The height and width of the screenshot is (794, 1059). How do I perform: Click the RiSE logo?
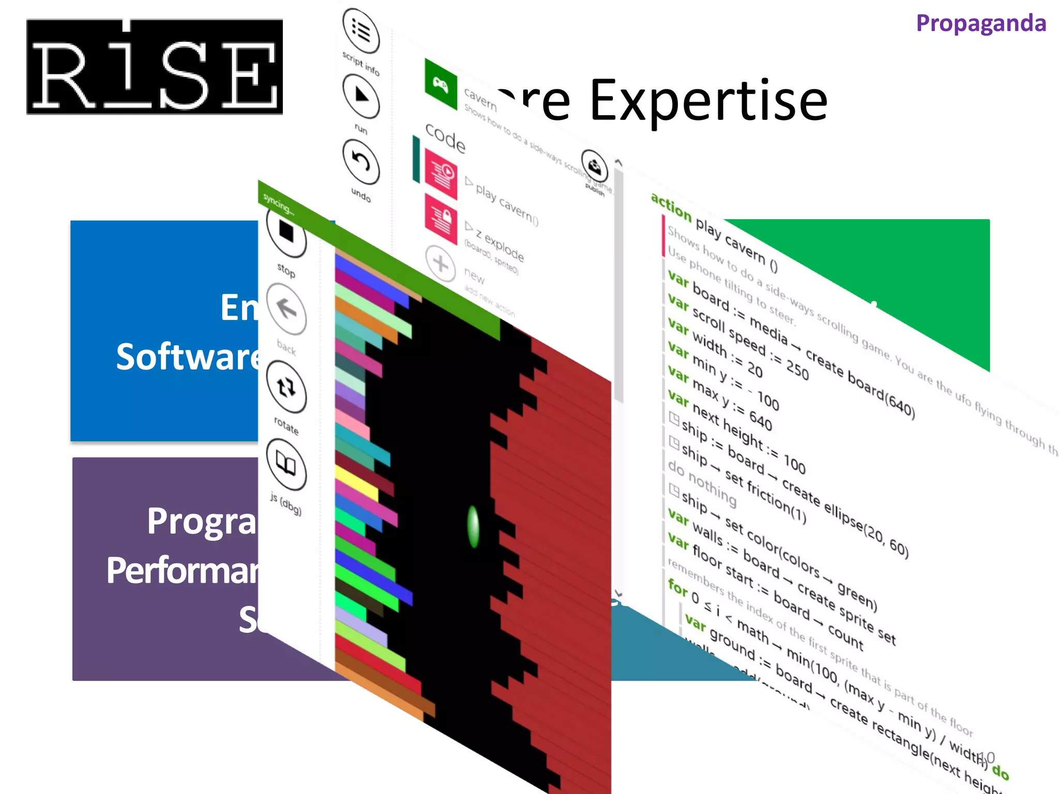[x=155, y=67]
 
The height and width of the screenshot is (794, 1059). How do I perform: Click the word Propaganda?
[x=981, y=24]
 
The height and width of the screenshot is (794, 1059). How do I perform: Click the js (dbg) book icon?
[x=286, y=464]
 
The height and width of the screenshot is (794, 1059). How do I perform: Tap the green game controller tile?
[x=441, y=84]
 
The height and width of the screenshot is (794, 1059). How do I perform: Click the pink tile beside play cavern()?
[x=441, y=174]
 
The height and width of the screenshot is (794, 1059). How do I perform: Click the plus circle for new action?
[x=441, y=264]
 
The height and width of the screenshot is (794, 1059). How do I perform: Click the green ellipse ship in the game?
[x=473, y=526]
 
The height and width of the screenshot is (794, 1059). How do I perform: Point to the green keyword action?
[x=671, y=206]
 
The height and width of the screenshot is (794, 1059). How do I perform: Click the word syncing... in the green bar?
[x=278, y=204]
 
